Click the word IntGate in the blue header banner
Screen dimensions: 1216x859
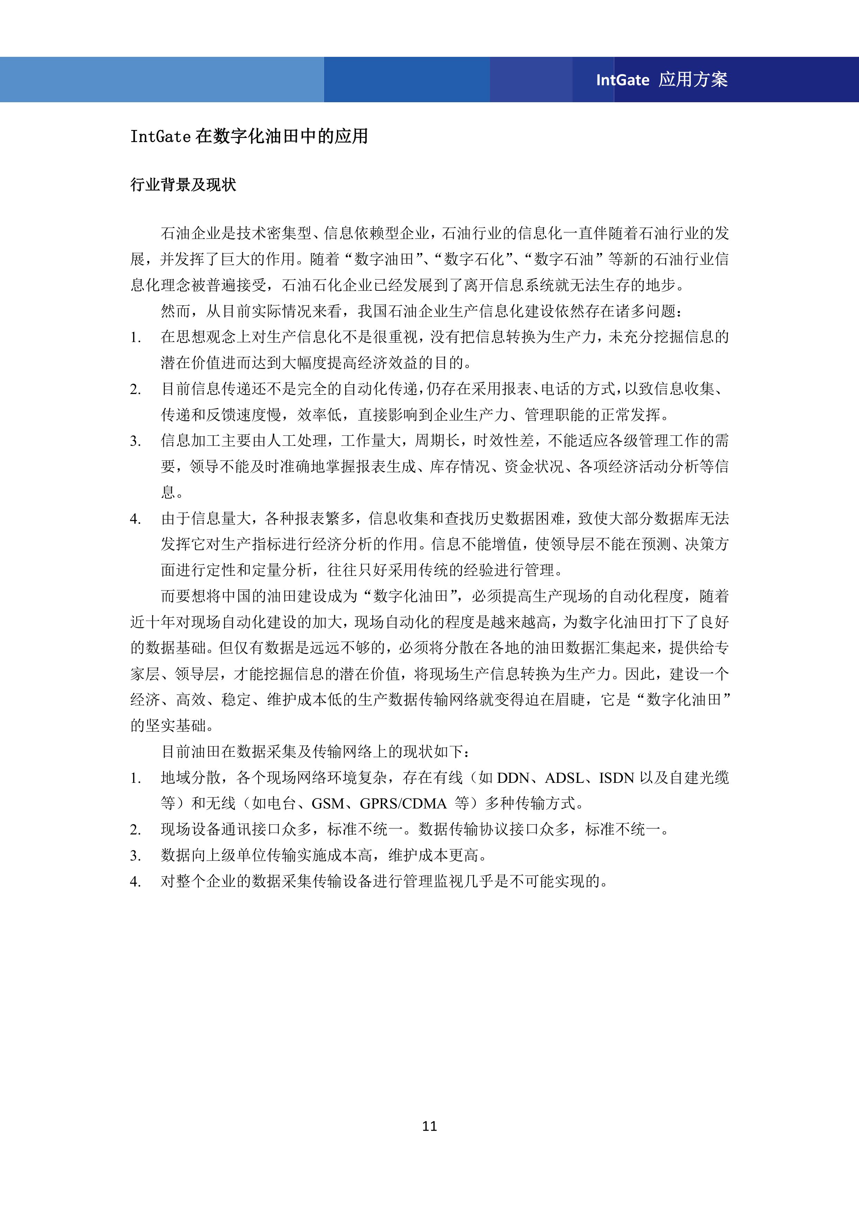(x=623, y=80)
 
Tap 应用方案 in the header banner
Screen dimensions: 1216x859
(x=694, y=79)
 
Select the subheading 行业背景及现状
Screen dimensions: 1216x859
(x=183, y=185)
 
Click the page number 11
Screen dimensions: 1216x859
(x=429, y=1126)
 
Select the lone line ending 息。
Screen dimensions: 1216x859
(x=172, y=492)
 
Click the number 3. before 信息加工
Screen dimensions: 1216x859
(x=135, y=441)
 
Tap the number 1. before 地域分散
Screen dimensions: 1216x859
(x=135, y=778)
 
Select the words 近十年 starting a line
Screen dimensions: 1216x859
(x=152, y=622)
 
